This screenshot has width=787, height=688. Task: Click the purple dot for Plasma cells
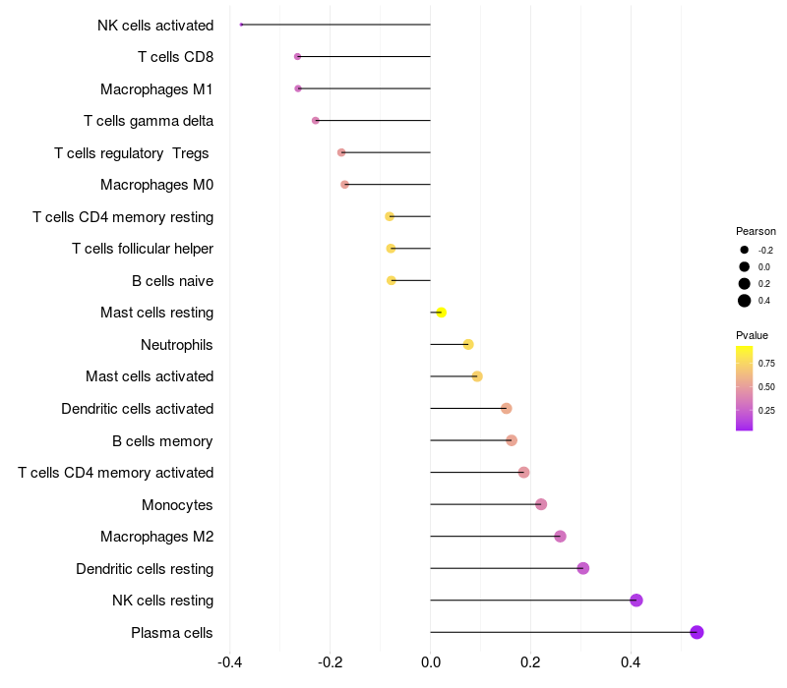696,632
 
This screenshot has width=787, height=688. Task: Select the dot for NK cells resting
636,601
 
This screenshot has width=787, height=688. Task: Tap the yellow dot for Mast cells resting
441,313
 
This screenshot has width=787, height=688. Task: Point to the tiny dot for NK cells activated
241,25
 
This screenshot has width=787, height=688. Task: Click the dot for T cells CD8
298,57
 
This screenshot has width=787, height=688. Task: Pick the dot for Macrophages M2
560,536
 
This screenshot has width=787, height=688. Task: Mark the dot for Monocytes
541,504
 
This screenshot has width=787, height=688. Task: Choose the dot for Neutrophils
468,344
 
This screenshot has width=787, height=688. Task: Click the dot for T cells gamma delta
315,120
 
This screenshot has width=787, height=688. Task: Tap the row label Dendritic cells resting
145,569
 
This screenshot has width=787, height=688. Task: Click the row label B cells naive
173,281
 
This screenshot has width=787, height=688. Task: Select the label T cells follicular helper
143,249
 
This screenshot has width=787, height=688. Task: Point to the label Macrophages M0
157,185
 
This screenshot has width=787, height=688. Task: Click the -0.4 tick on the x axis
230,662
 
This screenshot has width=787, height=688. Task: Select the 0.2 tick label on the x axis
530,662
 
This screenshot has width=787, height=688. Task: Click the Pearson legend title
756,231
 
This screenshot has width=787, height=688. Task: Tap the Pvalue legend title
752,335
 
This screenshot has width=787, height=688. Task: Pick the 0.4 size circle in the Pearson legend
745,301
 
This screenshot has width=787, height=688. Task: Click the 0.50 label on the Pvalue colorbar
766,386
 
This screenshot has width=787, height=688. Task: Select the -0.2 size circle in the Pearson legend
745,250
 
